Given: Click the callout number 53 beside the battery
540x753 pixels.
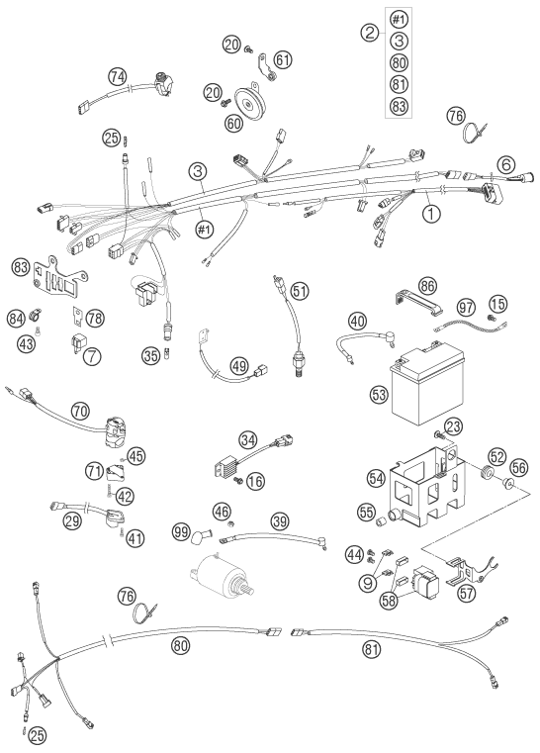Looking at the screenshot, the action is click(379, 395).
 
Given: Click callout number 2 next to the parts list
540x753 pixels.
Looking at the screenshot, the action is click(370, 33).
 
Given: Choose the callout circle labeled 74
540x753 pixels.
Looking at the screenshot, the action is click(118, 76).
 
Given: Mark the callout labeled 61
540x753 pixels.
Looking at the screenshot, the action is click(283, 59).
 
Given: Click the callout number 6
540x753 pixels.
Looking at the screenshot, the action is click(505, 165).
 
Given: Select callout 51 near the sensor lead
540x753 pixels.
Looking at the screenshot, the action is click(300, 291).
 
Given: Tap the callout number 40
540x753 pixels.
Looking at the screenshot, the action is click(357, 322).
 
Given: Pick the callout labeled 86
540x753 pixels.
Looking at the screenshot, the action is click(426, 287).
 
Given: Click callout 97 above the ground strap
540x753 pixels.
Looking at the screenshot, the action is click(465, 308).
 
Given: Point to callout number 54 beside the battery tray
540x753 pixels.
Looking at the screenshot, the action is click(377, 478).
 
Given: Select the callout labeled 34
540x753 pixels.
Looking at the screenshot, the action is click(248, 440).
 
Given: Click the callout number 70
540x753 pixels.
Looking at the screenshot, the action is click(80, 412).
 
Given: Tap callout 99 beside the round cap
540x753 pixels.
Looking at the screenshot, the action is click(181, 531).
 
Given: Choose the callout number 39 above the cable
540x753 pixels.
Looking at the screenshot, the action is click(280, 520).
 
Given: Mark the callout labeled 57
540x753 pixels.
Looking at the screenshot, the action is click(466, 594).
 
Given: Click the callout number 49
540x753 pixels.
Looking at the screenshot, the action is click(238, 365).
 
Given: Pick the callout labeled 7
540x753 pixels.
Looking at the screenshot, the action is click(92, 356).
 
